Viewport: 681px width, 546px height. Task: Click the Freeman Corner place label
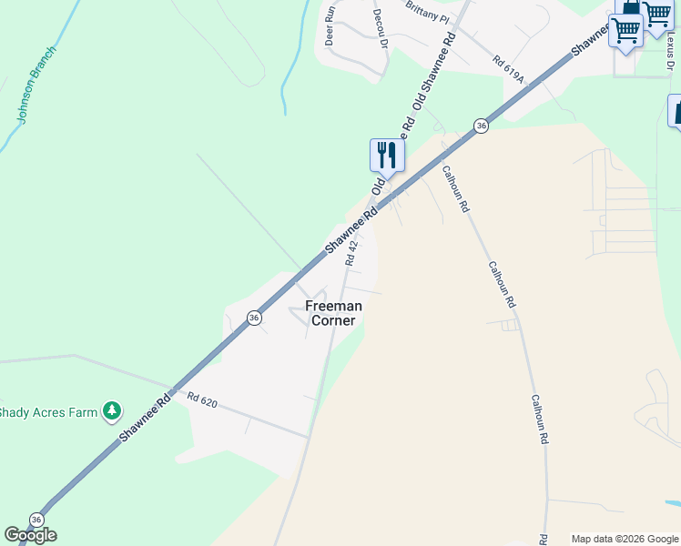[333, 313]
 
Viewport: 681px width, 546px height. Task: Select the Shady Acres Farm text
[47, 412]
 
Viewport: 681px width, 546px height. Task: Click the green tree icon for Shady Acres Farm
[111, 412]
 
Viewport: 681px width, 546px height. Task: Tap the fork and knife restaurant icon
[387, 156]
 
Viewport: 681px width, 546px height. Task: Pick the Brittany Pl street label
[428, 16]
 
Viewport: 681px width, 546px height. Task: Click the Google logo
[30, 535]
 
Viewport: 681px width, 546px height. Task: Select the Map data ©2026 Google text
[625, 539]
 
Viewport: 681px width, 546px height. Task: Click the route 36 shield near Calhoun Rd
[481, 126]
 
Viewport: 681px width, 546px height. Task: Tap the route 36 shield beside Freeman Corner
[254, 317]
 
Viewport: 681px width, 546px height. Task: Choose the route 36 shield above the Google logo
[36, 519]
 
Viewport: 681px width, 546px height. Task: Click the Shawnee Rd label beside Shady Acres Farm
[145, 420]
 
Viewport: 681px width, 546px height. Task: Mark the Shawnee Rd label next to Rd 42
[351, 231]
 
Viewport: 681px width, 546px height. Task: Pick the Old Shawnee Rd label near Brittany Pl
[433, 72]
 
